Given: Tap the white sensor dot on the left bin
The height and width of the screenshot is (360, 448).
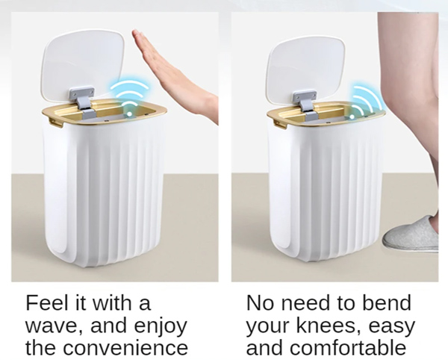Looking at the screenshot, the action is pyautogui.click(x=129, y=114).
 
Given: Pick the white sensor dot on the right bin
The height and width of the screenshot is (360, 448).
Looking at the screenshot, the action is pyautogui.click(x=352, y=117).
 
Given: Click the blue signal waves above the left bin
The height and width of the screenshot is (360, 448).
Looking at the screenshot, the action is pyautogui.click(x=129, y=91).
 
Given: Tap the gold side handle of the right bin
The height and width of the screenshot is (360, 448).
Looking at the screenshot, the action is pyautogui.click(x=279, y=125).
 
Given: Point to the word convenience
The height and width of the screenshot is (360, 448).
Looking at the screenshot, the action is pyautogui.click(x=125, y=348).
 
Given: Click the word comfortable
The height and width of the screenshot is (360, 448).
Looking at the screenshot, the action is pyautogui.click(x=348, y=347).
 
